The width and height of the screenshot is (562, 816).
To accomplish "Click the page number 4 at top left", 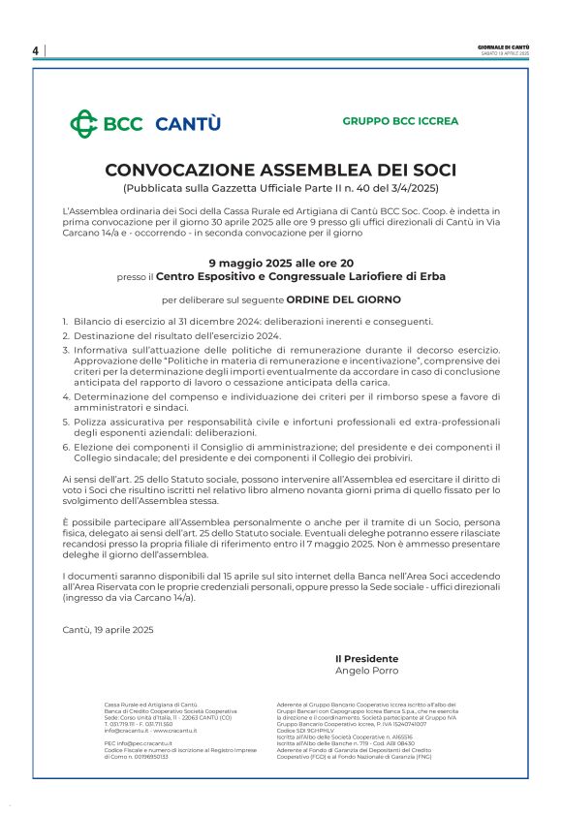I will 35,50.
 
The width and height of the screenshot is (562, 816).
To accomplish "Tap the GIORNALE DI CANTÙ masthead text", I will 504,47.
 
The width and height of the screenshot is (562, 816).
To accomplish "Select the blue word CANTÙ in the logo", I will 188,124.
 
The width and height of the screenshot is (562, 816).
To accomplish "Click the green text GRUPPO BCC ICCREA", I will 400,121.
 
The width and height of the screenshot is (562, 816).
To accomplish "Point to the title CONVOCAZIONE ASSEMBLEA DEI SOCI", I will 280,170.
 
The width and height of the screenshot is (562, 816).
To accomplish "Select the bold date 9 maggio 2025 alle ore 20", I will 280,263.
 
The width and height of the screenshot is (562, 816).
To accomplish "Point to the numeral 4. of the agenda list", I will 66,395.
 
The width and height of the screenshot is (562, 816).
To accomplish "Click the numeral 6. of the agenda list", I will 66,446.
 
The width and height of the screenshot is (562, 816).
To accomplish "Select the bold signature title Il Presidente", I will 365,659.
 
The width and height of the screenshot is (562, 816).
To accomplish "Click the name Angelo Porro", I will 365,671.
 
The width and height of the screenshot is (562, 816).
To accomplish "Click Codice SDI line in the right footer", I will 307,731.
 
